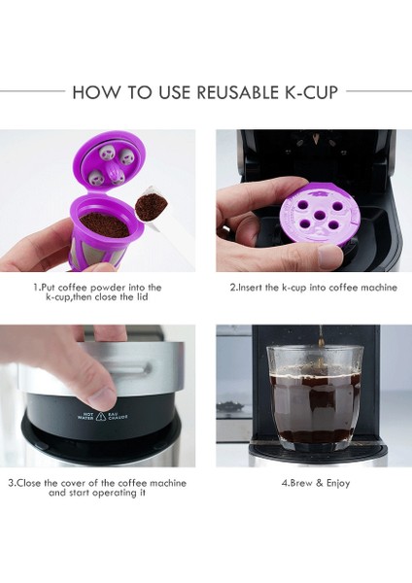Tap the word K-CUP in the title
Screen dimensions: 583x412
(x=311, y=92)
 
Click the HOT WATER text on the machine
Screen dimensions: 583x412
(x=85, y=413)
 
